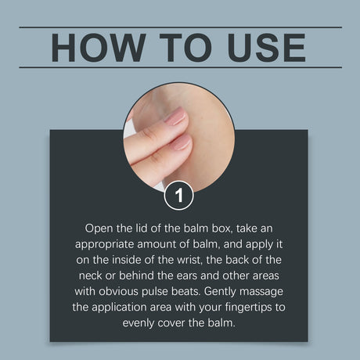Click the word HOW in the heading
pos(99,48)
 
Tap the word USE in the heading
pos(266,48)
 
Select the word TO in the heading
pos(185,48)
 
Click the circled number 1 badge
pos(179,195)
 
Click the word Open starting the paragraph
pos(99,229)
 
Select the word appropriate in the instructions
pos(104,245)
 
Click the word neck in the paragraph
pos(90,275)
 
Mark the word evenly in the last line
pos(139,323)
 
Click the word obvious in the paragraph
pos(118,291)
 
